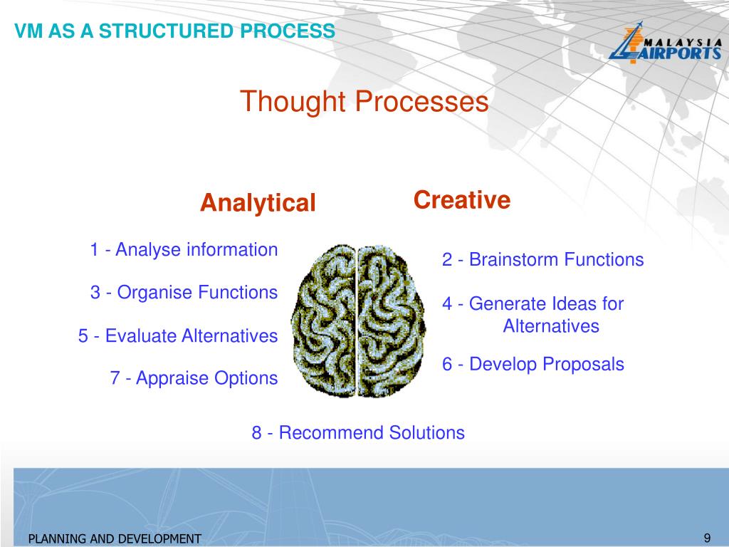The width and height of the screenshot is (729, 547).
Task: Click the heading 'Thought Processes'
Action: point(364,101)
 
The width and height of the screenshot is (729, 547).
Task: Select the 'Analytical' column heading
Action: point(258,203)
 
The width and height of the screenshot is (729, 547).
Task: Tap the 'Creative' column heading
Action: point(462,200)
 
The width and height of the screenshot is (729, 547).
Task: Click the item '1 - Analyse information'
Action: point(184,250)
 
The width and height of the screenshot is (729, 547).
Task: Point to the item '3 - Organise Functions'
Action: point(184,292)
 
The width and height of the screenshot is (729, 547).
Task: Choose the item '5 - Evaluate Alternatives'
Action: point(178,335)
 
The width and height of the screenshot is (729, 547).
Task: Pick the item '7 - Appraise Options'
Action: point(194,378)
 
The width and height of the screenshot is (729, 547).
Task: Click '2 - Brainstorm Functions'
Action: point(542,259)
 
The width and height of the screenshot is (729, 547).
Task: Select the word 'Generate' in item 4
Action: point(509,304)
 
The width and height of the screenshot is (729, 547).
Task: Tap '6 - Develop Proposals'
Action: point(533,365)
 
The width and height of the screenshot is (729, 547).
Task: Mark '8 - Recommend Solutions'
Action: point(358,432)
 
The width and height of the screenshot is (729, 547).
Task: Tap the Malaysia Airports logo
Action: point(664,44)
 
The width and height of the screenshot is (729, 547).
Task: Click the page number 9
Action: point(707,537)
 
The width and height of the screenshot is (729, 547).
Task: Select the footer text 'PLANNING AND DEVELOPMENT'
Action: point(115,539)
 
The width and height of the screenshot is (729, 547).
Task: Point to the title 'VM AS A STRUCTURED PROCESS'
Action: point(175,31)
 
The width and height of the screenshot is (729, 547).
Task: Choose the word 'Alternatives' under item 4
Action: point(551,326)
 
